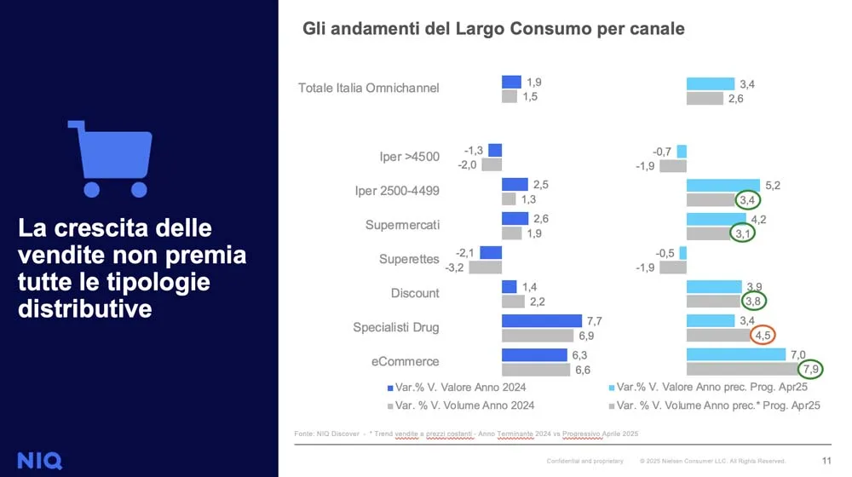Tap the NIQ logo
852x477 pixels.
(40, 460)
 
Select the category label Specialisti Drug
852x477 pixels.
(396, 327)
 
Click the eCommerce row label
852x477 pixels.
(406, 361)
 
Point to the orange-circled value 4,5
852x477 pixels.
(763, 335)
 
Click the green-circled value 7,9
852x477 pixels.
(813, 369)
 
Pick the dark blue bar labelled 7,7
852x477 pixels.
(541, 321)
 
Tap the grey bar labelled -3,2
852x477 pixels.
(486, 267)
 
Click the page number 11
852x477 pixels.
(826, 461)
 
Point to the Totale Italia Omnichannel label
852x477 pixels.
(368, 88)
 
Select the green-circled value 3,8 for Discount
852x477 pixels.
(752, 301)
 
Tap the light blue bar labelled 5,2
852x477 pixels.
(722, 185)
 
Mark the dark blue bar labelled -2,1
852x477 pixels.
(491, 253)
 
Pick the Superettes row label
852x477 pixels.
(409, 259)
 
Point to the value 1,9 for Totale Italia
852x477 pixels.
(533, 83)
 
